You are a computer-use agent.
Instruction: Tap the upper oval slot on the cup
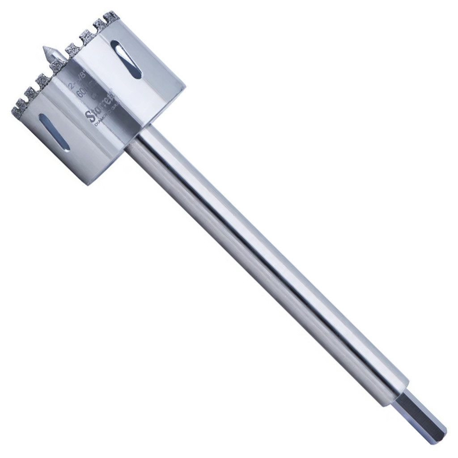pos(126,59)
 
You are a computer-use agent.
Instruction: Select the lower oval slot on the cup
pos(54,132)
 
